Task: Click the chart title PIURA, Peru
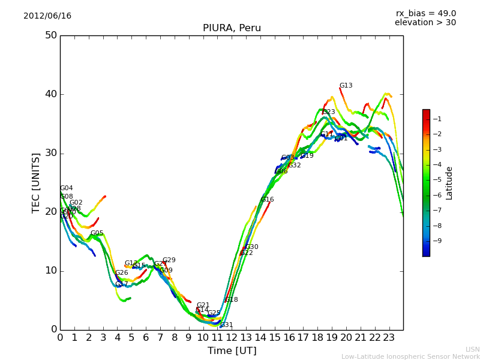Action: point(232,28)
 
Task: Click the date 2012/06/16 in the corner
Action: point(47,16)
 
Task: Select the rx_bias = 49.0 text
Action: point(425,13)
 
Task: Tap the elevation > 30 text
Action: point(425,23)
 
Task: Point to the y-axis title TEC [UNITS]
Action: point(36,182)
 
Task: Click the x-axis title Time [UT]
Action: point(232,351)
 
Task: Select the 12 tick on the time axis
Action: point(232,338)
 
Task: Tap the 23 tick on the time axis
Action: point(389,338)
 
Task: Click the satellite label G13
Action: point(346,86)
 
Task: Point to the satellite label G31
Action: point(227,325)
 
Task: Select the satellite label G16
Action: point(268,200)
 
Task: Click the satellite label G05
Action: point(97,233)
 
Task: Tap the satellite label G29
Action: point(169,260)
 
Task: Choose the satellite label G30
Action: point(252,247)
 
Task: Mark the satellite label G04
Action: point(67,188)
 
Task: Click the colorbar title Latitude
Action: point(449,183)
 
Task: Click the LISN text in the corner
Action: point(472,349)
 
